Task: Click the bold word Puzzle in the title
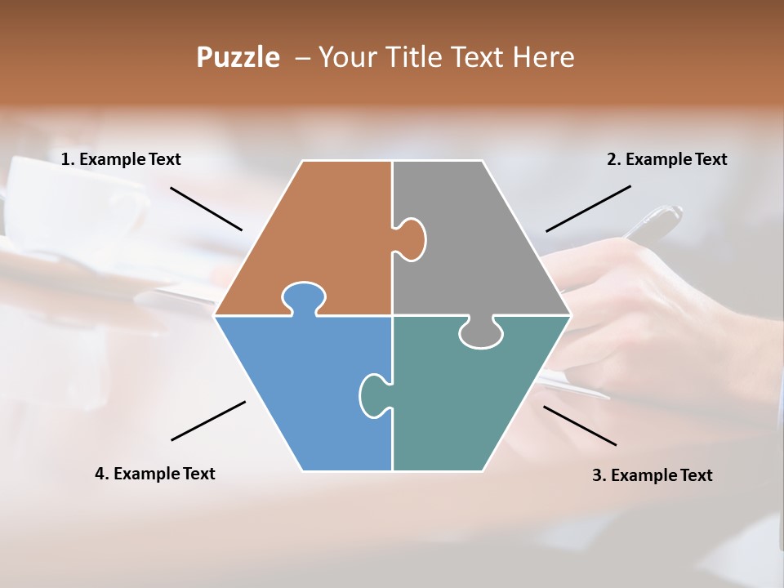tap(238, 57)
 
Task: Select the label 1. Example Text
tap(121, 159)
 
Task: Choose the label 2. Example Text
tap(666, 159)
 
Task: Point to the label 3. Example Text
tap(652, 475)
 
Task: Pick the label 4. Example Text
tap(155, 474)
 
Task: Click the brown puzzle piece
tap(327, 237)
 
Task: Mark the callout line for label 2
tap(588, 208)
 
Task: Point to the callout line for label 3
tap(580, 425)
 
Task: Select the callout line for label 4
tap(208, 421)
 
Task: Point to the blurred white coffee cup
tap(65, 204)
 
